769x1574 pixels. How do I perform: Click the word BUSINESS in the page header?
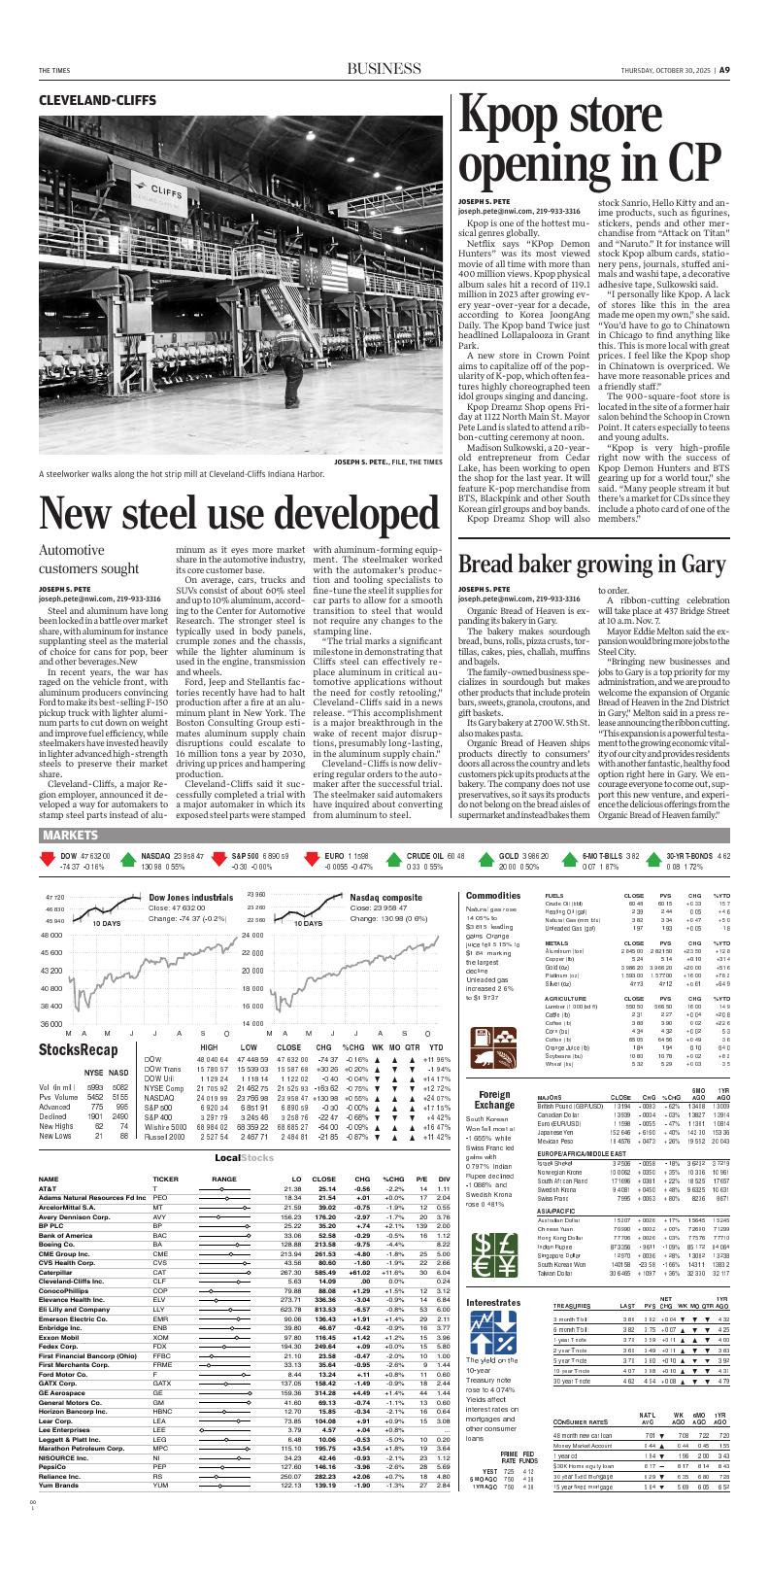(384, 70)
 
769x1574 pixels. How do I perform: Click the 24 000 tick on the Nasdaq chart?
(251, 935)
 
